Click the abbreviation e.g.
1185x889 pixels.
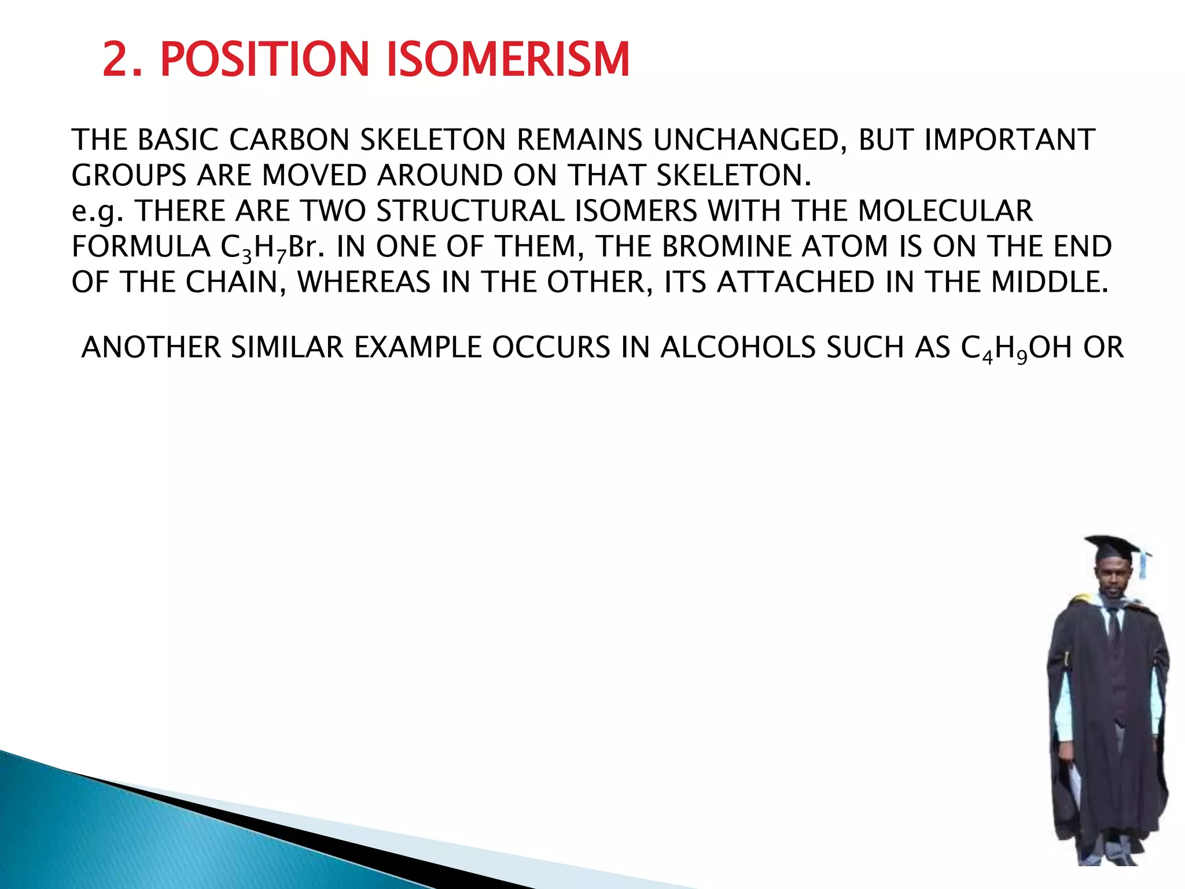97,212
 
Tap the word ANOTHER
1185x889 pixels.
151,348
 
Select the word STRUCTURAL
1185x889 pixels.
470,211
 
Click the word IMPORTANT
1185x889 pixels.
1009,140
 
